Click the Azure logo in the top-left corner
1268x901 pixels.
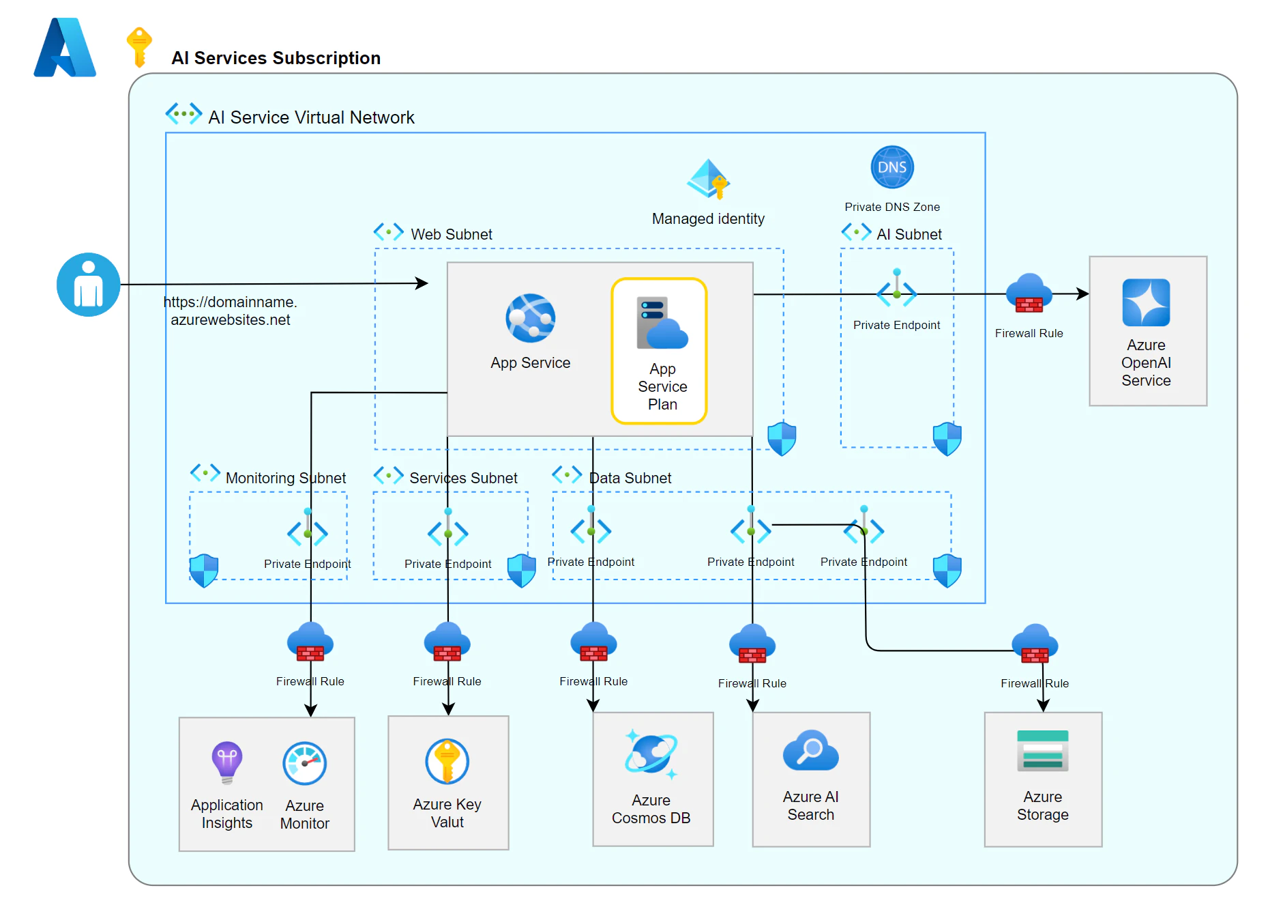(x=65, y=47)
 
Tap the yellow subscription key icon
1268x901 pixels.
(x=139, y=47)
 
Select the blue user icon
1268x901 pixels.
(x=89, y=285)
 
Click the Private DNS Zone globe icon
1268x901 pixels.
(x=892, y=167)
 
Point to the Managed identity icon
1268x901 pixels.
(x=708, y=179)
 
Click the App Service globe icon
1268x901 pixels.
(x=531, y=318)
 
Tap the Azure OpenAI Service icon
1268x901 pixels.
(x=1146, y=302)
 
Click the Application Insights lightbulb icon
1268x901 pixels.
(x=227, y=762)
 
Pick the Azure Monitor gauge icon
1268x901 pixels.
(x=305, y=763)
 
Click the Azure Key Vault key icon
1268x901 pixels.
(x=447, y=761)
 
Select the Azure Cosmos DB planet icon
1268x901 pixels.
(x=651, y=754)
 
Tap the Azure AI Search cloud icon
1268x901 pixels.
(x=810, y=750)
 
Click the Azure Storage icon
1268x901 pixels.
(x=1042, y=750)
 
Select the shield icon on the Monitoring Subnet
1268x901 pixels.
(x=204, y=571)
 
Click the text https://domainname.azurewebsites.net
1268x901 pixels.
(x=231, y=311)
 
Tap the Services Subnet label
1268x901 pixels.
(x=463, y=478)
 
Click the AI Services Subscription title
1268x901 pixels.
(x=276, y=58)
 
